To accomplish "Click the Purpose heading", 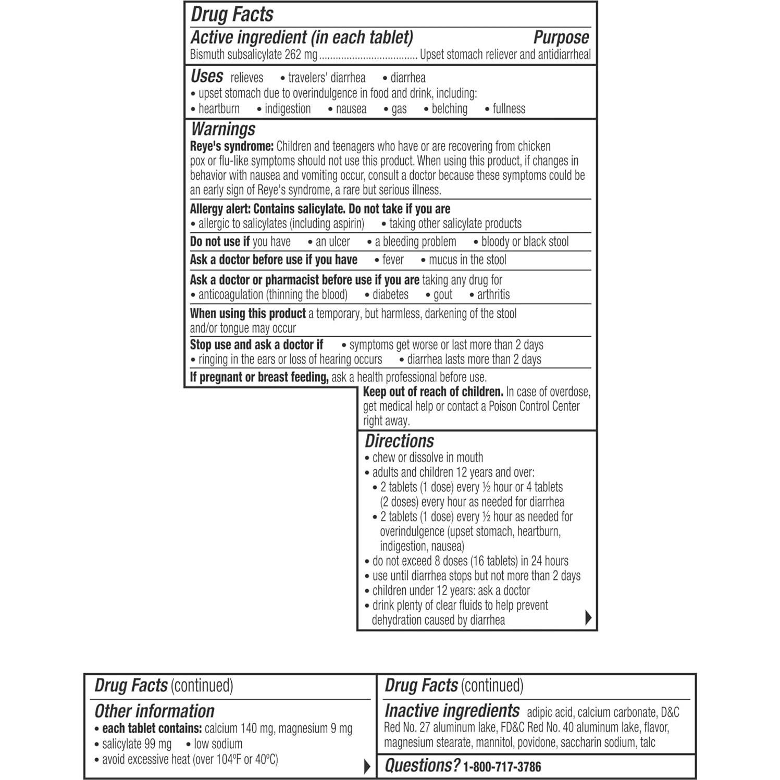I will [561, 38].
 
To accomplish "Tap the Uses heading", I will [207, 77].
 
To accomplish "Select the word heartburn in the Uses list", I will [219, 109].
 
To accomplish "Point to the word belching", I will [449, 109].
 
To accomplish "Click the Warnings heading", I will [223, 129].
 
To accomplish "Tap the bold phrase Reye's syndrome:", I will [231, 146].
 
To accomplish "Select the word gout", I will [443, 294].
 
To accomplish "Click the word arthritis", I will [493, 294].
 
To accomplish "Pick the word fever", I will [393, 259].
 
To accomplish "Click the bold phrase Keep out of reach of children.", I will [433, 392].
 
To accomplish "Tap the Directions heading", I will [399, 441].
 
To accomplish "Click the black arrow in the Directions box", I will [588, 617].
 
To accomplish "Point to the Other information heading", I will [154, 711].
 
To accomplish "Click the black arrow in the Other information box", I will [367, 766].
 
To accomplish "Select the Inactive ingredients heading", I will [452, 711].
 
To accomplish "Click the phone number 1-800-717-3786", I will [502, 766].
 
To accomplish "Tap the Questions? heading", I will [422, 765].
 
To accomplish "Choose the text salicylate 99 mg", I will [137, 744].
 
